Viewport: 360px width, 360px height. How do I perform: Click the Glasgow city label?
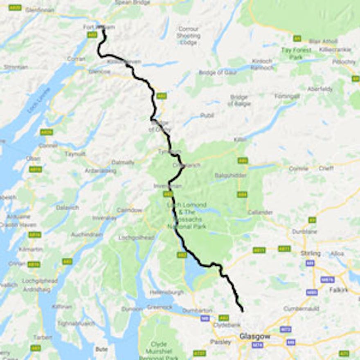click(254, 336)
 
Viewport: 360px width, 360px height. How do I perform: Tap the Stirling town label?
click(310, 253)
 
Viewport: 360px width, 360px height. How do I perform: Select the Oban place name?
click(33, 158)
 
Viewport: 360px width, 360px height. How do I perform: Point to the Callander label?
click(260, 212)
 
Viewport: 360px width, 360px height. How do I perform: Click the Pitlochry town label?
click(344, 62)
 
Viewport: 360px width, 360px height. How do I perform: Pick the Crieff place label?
click(326, 168)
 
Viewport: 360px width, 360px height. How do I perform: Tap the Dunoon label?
click(132, 309)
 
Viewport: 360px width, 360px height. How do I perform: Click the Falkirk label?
click(338, 290)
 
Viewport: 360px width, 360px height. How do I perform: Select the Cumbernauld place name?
click(301, 308)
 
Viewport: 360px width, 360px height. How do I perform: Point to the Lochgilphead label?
click(39, 281)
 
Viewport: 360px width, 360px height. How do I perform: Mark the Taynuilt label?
click(75, 154)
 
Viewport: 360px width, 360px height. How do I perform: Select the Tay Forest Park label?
click(296, 53)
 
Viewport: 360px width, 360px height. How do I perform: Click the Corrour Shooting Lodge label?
click(188, 36)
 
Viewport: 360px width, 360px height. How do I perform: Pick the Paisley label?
click(220, 342)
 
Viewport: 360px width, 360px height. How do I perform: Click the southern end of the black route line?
click(243, 311)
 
